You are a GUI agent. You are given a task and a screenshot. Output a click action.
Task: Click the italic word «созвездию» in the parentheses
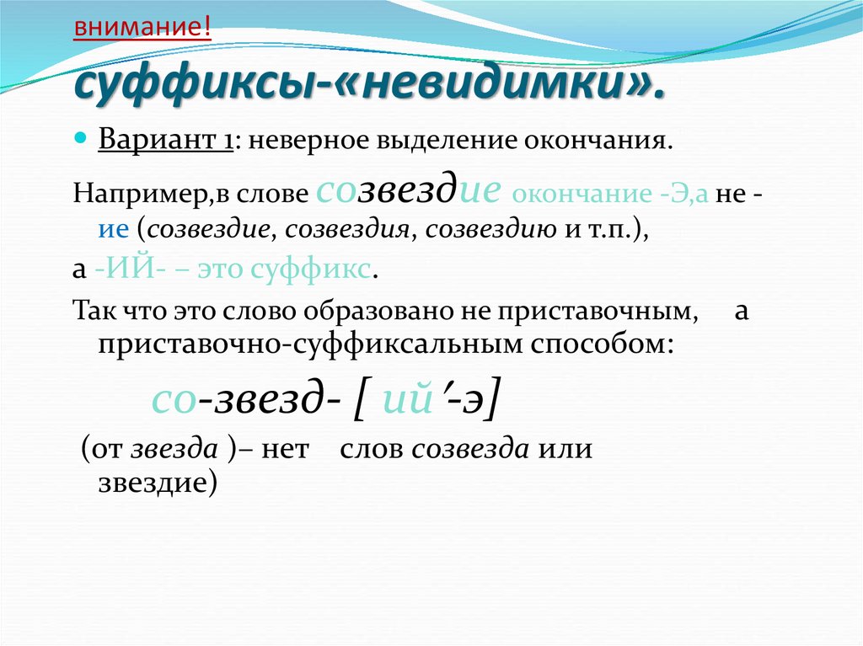tap(491, 231)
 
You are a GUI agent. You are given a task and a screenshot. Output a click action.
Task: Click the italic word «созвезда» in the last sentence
tap(470, 449)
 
